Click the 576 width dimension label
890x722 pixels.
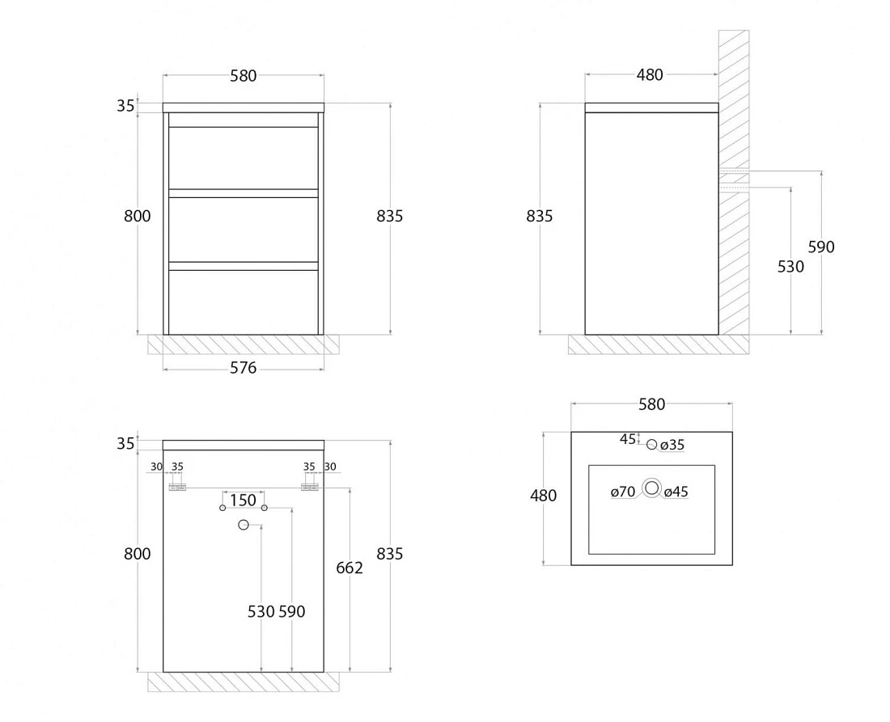pos(243,368)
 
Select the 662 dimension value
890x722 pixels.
pos(349,568)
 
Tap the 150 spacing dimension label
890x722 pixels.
pos(243,500)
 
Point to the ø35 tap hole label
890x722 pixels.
pos(672,445)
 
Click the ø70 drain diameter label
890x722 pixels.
pos(623,492)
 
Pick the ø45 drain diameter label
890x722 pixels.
pos(676,492)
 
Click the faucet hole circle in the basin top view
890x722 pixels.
pos(651,445)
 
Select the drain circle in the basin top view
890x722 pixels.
pos(651,488)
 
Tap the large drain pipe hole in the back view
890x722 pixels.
pos(244,526)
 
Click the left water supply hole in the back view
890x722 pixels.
pos(222,508)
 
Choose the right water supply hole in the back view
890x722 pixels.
pos(264,508)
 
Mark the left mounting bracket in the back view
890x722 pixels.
pos(178,488)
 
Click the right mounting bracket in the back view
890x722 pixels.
pos(309,488)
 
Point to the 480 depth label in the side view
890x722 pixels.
pos(650,75)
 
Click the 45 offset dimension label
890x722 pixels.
pos(627,439)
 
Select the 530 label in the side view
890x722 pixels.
pos(790,267)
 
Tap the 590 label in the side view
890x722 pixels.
pos(821,247)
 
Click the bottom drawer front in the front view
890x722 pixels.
pos(244,302)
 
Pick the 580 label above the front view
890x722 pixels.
pos(243,75)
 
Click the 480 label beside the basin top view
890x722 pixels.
pos(543,496)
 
